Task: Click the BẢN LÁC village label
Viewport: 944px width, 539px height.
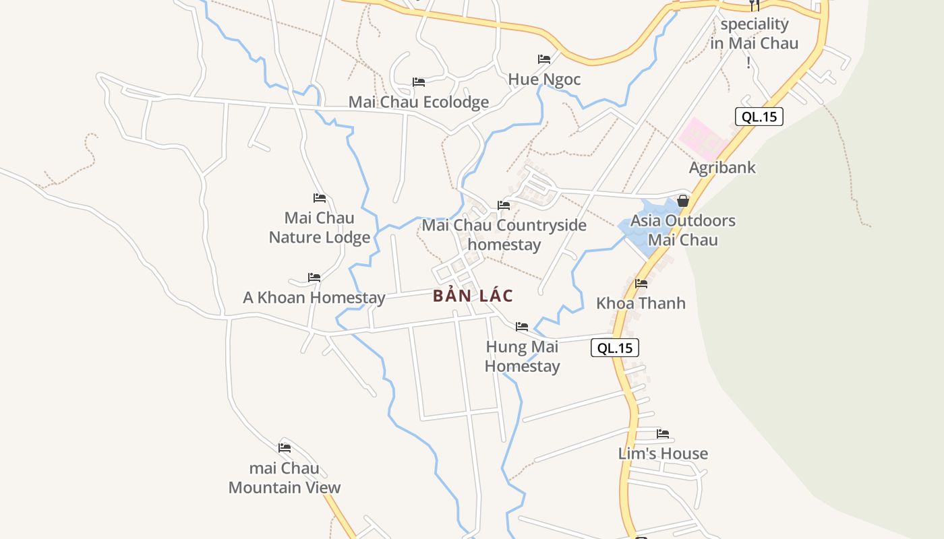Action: coord(473,296)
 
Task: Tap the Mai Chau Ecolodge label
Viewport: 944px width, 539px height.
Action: coord(418,102)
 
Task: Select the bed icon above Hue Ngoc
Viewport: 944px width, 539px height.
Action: coord(543,59)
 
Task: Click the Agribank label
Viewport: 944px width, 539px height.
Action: coord(722,167)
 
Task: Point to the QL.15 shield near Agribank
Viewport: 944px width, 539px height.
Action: coord(759,117)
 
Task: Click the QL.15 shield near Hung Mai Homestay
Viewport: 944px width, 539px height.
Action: coord(614,348)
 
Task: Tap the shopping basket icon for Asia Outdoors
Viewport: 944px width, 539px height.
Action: coord(682,201)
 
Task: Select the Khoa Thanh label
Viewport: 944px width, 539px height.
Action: coord(641,303)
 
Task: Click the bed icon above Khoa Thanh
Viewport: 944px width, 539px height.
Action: coord(641,284)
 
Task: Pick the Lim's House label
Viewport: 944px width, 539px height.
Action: coord(663,453)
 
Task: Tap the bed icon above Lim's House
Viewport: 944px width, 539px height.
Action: coord(663,434)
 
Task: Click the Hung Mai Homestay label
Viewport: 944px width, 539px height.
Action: coord(522,356)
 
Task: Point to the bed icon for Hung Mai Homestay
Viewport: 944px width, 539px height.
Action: coord(522,327)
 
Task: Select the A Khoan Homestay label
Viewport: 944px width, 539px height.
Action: coord(314,297)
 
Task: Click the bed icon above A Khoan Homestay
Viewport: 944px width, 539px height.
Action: coord(314,278)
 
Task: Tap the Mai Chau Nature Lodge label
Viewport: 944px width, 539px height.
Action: coord(320,228)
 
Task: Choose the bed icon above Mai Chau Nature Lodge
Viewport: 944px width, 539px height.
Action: coord(320,198)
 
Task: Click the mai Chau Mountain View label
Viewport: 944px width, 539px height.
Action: coord(285,478)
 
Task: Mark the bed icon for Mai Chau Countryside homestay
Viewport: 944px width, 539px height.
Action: coord(504,205)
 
